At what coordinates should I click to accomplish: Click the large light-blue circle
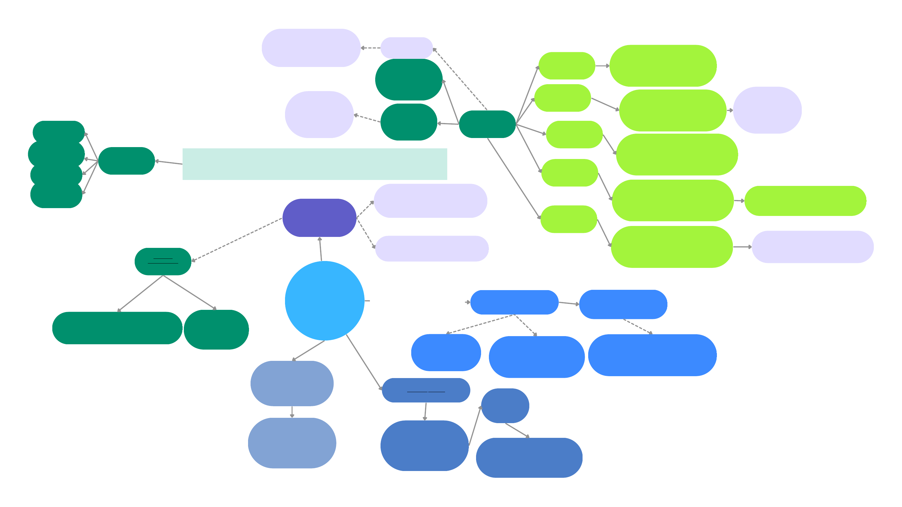click(324, 300)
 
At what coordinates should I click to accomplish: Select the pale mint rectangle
click(314, 164)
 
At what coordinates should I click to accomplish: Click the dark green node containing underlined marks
click(163, 261)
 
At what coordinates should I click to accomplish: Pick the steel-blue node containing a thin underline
click(426, 390)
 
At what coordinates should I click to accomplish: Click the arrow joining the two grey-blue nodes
click(292, 412)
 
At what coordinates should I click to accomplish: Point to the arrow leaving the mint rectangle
click(169, 162)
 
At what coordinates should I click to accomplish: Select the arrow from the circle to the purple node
click(320, 249)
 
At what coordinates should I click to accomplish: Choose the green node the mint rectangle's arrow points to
click(127, 161)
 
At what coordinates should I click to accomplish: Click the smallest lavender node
click(407, 48)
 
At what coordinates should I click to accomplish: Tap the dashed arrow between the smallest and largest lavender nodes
click(371, 48)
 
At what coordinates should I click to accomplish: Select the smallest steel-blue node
click(505, 406)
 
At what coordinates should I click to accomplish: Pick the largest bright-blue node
click(652, 355)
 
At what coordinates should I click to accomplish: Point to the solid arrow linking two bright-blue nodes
click(569, 303)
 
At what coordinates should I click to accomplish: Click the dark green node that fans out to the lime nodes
click(487, 124)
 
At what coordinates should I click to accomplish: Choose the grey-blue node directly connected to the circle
click(292, 383)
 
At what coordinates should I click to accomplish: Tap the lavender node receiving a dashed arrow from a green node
click(319, 115)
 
